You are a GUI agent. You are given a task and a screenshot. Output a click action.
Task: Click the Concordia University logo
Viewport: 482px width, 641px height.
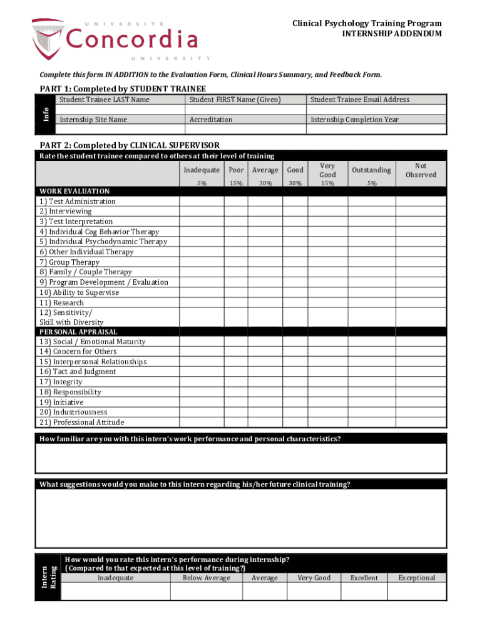pyautogui.click(x=115, y=39)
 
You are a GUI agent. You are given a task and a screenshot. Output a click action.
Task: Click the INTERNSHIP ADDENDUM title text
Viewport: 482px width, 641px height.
pyautogui.click(x=391, y=34)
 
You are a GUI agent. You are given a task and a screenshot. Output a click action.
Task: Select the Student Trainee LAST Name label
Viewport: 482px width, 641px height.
pyautogui.click(x=104, y=100)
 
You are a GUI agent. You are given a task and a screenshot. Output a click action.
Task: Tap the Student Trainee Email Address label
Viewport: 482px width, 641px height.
pyautogui.click(x=360, y=100)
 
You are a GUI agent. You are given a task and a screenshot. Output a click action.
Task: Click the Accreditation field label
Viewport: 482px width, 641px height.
pyautogui.click(x=211, y=120)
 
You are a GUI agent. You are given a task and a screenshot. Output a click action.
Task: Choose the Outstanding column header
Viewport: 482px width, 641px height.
pyautogui.click(x=372, y=170)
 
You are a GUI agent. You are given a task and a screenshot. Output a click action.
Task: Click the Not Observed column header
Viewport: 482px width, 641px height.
pyautogui.click(x=421, y=170)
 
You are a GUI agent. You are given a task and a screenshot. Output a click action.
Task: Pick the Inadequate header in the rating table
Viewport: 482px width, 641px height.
pyautogui.click(x=202, y=170)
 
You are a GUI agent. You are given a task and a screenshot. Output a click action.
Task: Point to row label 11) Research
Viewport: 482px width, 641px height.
pyautogui.click(x=61, y=302)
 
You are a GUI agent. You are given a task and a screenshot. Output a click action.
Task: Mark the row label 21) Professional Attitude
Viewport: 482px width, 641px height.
pyautogui.click(x=81, y=423)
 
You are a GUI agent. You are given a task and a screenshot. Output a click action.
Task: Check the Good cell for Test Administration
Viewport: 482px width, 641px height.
pyautogui.click(x=295, y=202)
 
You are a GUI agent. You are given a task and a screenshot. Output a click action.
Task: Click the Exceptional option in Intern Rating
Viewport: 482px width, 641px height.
pyautogui.click(x=416, y=578)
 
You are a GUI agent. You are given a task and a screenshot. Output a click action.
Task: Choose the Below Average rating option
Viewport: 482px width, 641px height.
pyautogui.click(x=207, y=578)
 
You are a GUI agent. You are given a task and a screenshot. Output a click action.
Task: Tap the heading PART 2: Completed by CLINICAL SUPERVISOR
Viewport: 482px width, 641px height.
pyautogui.click(x=130, y=145)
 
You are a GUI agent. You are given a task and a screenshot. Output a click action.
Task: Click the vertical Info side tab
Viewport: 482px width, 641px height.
pyautogui.click(x=46, y=115)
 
